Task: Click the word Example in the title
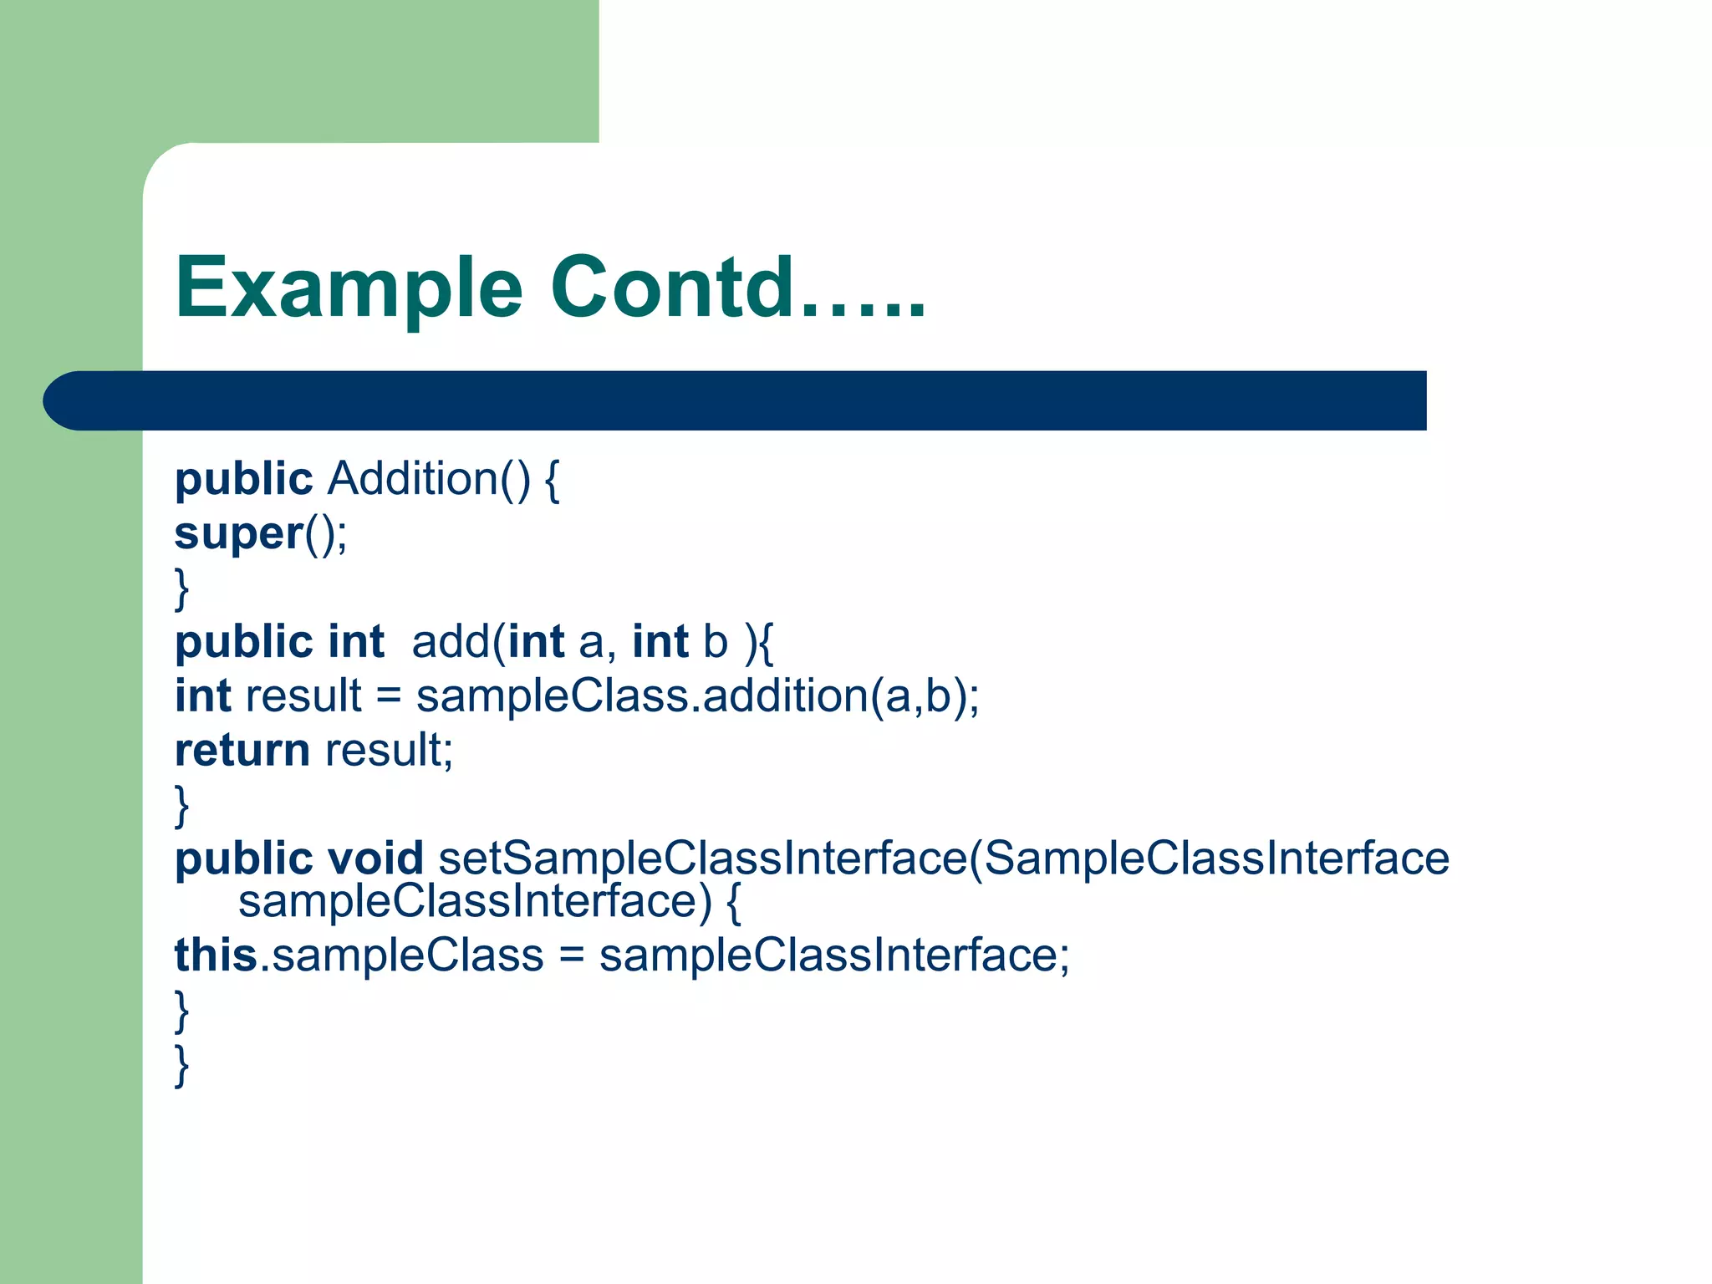pos(349,288)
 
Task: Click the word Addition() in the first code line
pos(428,480)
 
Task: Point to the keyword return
pos(242,750)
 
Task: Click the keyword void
pos(375,859)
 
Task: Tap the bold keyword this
pos(216,955)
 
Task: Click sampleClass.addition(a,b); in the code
pos(697,696)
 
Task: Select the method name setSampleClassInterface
pos(702,859)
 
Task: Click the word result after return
pos(388,750)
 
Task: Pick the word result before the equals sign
pos(303,696)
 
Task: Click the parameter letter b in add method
pos(716,642)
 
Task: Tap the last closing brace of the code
pos(181,1065)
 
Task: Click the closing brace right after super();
pos(181,588)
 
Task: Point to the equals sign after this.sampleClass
pos(571,955)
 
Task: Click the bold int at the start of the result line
pos(202,696)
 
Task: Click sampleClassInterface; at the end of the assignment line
pos(833,955)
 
